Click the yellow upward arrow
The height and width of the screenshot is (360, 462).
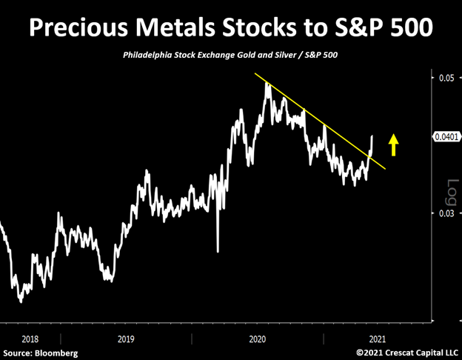(394, 144)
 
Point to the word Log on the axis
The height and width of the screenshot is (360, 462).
(449, 192)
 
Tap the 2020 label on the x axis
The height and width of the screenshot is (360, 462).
(258, 338)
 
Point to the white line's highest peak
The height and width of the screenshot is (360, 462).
(268, 83)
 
